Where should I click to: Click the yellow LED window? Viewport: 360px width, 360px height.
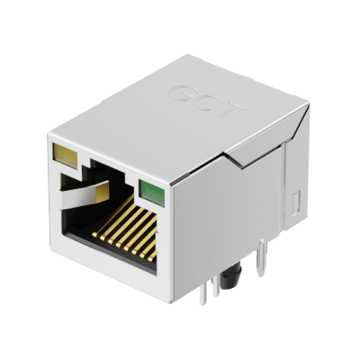(65, 155)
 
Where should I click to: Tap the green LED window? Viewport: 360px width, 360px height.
(151, 193)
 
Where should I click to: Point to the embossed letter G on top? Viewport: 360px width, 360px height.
(182, 93)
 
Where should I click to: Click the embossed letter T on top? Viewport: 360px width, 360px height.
(230, 110)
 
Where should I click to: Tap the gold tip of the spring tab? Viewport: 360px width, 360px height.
(102, 193)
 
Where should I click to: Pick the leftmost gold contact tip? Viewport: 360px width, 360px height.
(95, 234)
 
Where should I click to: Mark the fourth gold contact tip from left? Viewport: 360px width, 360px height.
(119, 244)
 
